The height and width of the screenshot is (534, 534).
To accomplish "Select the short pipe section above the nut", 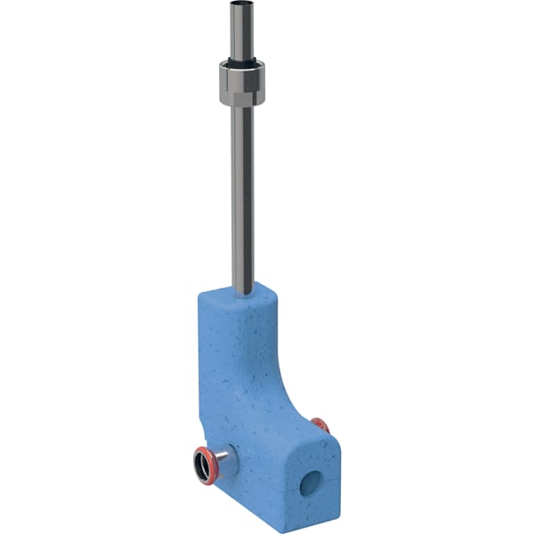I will coord(241,31).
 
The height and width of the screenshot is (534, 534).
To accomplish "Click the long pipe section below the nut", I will coord(242,196).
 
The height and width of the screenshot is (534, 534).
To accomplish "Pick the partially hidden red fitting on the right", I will coord(320,425).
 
